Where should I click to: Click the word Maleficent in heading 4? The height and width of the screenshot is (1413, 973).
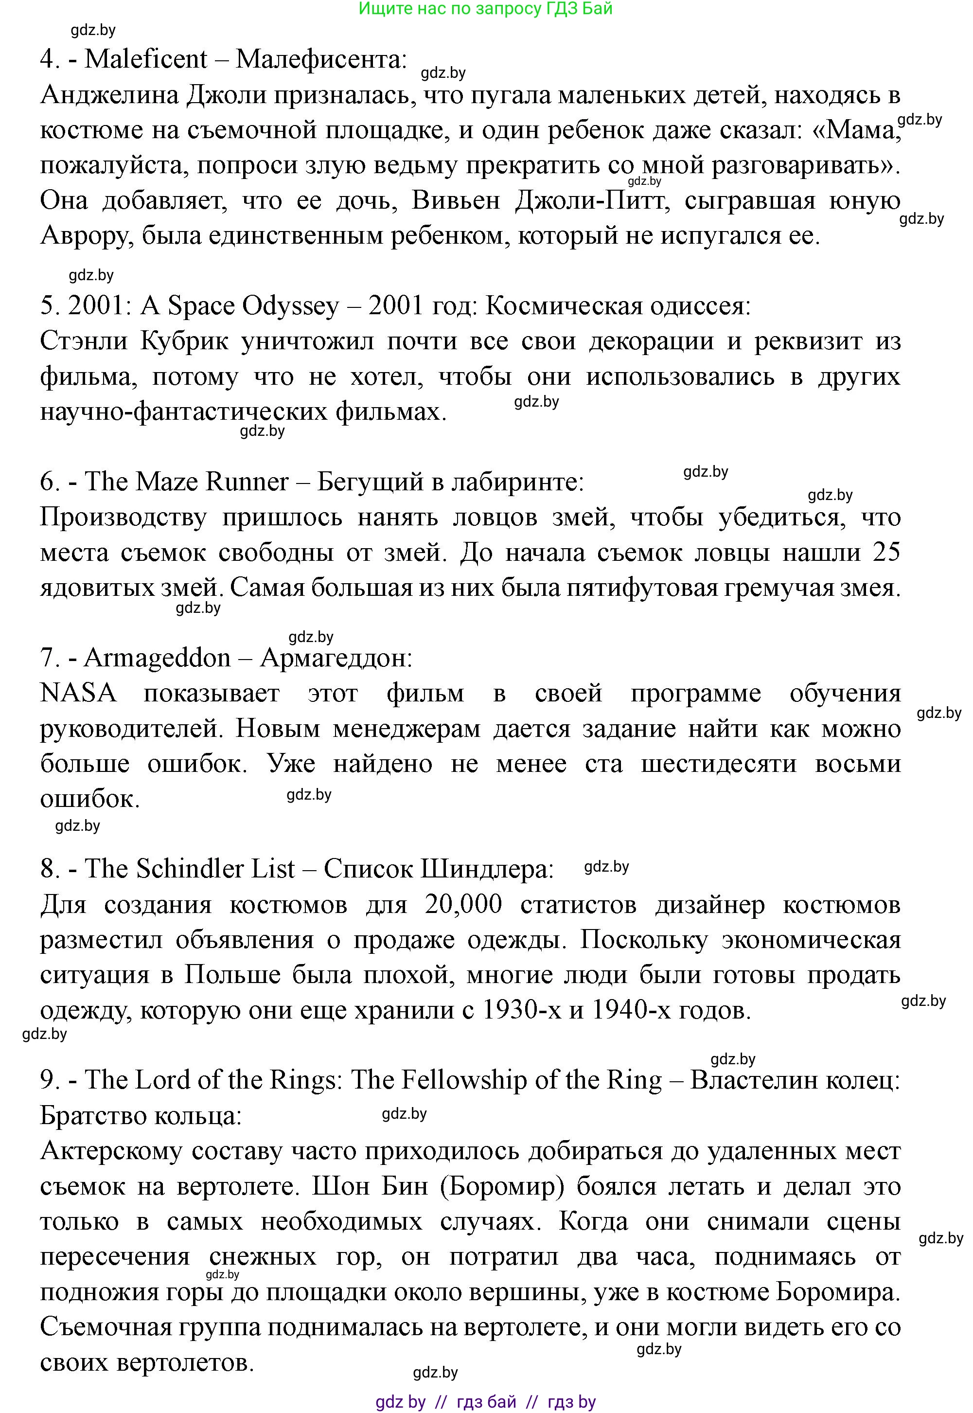[146, 59]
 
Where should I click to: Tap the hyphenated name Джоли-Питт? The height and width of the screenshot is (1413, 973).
[589, 200]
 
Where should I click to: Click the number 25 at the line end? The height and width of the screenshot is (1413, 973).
[886, 553]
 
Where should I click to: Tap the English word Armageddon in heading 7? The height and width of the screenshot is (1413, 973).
[157, 658]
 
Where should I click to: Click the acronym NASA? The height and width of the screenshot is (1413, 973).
[78, 694]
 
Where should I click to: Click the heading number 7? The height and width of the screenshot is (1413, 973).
[48, 658]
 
